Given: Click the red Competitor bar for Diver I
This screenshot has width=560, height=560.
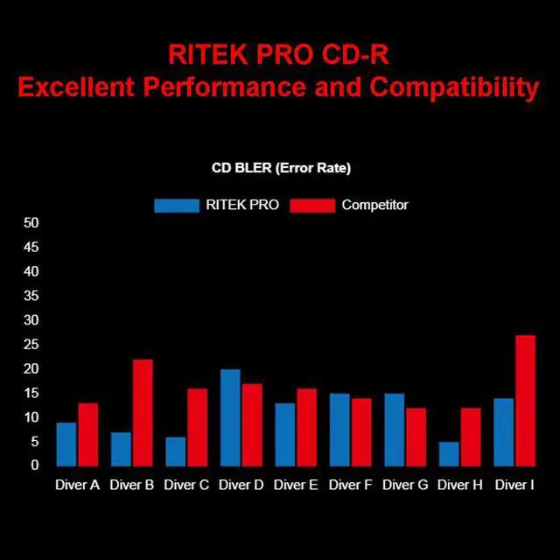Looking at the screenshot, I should [525, 401].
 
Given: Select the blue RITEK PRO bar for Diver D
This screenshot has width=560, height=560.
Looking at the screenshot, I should [230, 417].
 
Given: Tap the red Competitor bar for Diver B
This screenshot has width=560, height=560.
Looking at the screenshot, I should [143, 413].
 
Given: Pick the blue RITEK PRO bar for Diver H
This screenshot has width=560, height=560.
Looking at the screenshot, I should [448, 454].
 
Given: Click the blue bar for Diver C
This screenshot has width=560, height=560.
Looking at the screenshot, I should [176, 451].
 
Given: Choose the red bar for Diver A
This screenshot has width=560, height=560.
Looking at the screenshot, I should [88, 435].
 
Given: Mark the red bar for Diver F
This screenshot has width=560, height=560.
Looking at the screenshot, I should [361, 432].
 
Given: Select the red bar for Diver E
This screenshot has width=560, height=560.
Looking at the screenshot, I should [306, 427].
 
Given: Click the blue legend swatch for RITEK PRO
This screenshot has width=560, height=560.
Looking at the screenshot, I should [177, 206].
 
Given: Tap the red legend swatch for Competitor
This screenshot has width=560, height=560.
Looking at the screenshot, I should [312, 206].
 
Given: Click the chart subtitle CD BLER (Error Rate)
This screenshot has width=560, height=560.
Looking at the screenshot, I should [281, 168].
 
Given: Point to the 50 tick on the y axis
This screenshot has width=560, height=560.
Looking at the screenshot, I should [31, 223].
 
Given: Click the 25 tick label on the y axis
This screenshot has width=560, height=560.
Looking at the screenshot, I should [31, 345].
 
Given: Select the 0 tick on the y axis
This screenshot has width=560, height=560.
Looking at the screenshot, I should [35, 465].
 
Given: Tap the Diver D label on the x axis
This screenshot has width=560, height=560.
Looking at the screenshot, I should [241, 485].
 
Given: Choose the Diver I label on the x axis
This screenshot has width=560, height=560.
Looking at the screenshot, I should [514, 485].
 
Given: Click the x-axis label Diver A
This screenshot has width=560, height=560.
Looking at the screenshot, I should [77, 485].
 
